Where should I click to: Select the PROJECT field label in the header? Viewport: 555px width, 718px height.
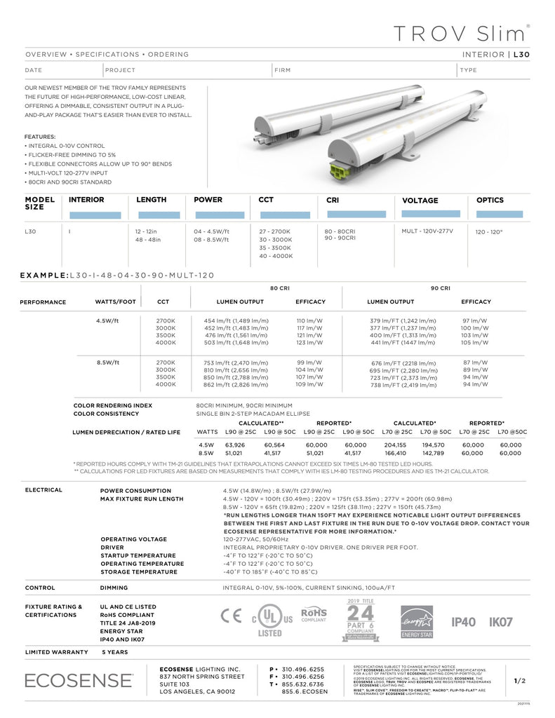point(120,70)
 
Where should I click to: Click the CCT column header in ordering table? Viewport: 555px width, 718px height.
point(266,200)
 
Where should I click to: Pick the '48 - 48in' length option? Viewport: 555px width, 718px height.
point(148,239)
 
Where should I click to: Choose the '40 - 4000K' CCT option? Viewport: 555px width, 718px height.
point(276,256)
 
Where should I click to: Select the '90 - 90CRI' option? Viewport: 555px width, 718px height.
point(340,238)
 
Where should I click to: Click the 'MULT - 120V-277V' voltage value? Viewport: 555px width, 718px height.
point(427,231)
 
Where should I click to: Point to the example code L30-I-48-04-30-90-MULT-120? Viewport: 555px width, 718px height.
point(141,276)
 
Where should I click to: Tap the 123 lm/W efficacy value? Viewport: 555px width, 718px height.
point(309,343)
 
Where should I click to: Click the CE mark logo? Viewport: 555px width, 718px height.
point(231,616)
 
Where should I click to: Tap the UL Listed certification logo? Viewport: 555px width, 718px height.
point(271,620)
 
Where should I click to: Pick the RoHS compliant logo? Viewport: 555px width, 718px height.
point(314,615)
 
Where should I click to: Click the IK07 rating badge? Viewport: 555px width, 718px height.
point(501,621)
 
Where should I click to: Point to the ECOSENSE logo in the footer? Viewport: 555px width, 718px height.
point(79,679)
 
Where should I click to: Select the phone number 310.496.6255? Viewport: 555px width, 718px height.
point(302,669)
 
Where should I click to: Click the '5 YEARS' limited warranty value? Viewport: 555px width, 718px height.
point(115,652)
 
